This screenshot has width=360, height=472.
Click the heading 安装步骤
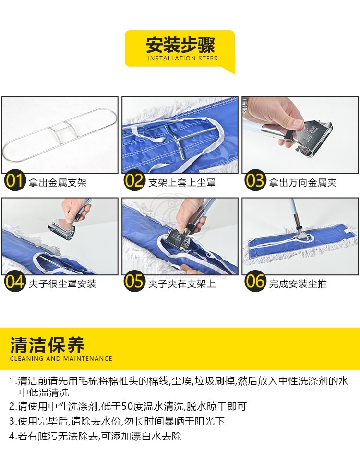180,45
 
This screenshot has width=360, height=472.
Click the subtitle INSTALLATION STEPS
182,59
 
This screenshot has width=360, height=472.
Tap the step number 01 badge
15,181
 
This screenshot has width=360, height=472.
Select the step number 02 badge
134,181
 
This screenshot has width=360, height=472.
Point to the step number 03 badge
255,181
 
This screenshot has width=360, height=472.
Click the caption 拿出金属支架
58,182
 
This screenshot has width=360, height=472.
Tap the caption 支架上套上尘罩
182,182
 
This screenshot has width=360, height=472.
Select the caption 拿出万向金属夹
303,182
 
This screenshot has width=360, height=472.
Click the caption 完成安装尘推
298,283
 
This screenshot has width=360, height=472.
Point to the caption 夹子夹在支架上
182,283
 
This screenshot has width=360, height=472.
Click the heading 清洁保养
47,345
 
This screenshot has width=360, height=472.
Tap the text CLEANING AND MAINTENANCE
61,358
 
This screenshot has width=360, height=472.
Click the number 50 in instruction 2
127,406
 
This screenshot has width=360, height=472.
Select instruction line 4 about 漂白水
95,436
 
